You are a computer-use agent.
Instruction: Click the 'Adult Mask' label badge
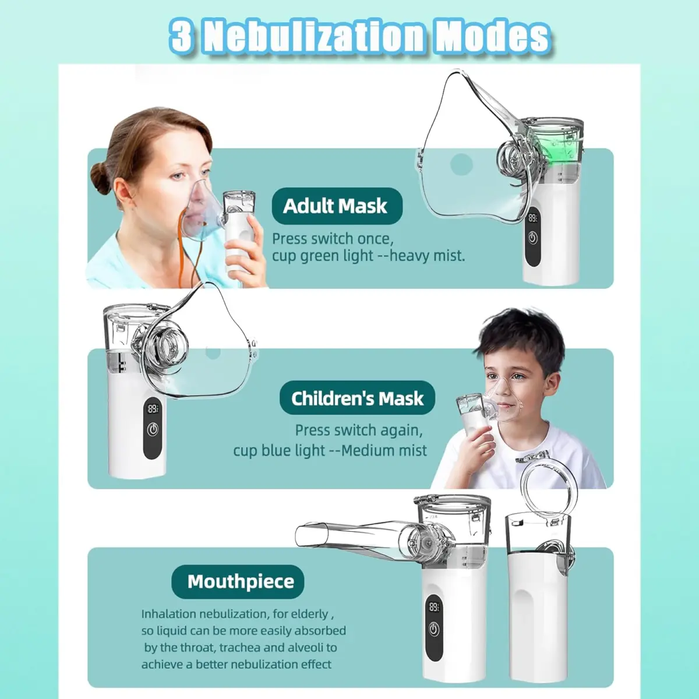[337, 206]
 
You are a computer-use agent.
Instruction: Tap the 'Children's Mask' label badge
[357, 398]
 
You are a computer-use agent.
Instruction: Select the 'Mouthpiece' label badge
[238, 581]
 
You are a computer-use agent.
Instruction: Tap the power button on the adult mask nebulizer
[532, 238]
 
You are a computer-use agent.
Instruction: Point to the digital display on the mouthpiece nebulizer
[434, 606]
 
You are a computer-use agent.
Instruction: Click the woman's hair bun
[100, 176]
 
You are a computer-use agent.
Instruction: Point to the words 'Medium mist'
[384, 450]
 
